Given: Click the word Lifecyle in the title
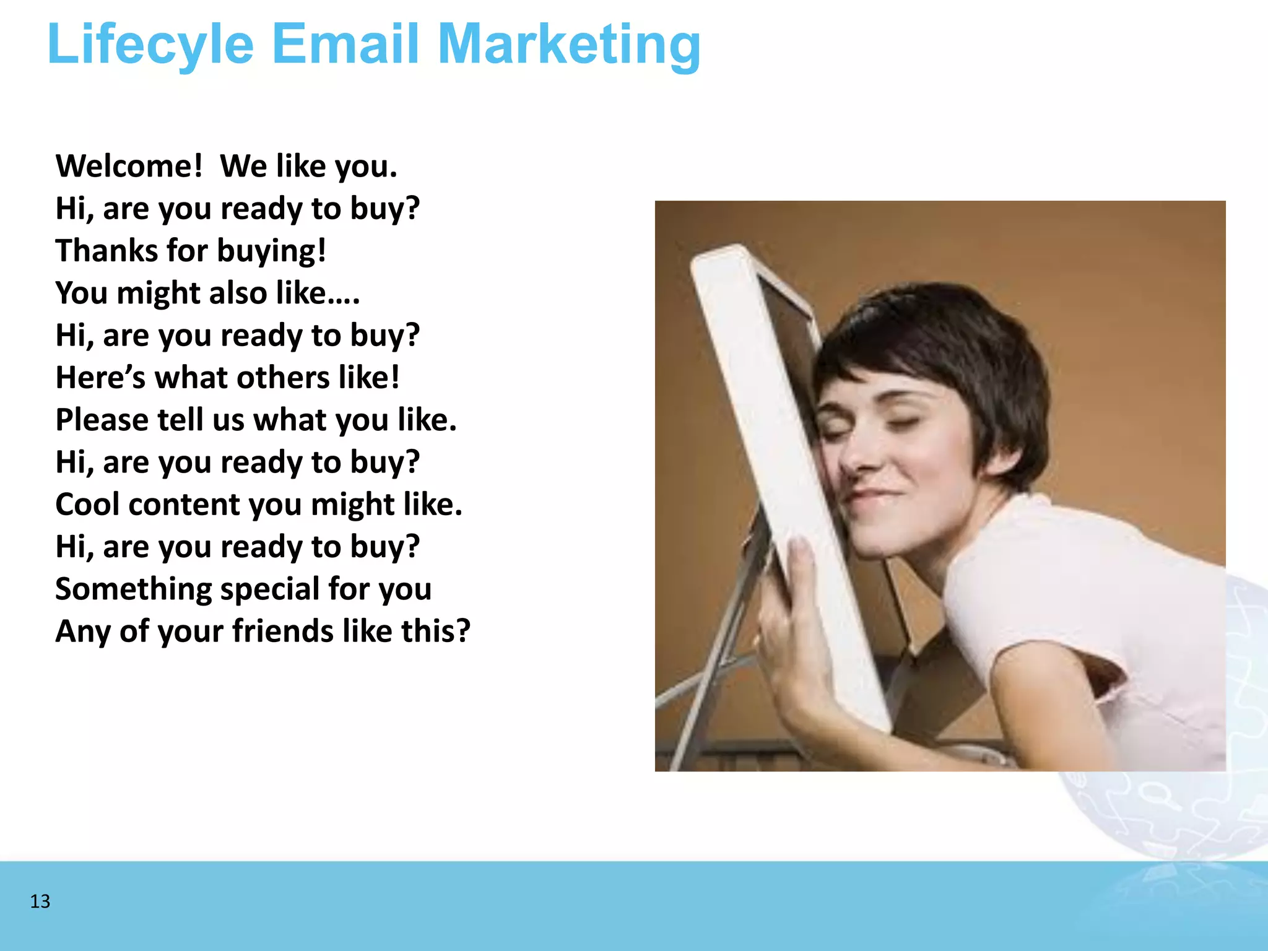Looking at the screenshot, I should (x=150, y=45).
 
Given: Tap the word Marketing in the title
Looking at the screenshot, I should (x=569, y=45).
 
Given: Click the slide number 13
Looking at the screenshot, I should (x=40, y=901).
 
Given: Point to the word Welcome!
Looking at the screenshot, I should (x=129, y=167).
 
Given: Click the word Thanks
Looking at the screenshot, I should (x=106, y=251).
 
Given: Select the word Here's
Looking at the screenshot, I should (x=100, y=378).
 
